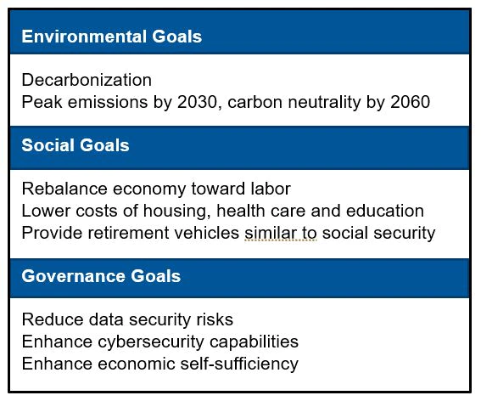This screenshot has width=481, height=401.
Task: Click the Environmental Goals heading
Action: tap(112, 37)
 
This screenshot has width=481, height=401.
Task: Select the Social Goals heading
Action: tap(76, 145)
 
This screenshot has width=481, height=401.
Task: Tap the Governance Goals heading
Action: tap(101, 276)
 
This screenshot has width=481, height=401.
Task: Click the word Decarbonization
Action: tap(87, 80)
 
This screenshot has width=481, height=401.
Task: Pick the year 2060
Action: tap(410, 102)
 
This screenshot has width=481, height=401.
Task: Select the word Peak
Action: tap(42, 102)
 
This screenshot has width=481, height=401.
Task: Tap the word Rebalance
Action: tap(64, 189)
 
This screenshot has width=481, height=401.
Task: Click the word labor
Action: tap(271, 189)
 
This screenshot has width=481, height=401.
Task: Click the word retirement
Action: tap(128, 233)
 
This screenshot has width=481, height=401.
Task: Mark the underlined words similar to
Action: tap(281, 233)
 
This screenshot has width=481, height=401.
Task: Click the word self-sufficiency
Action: tap(239, 364)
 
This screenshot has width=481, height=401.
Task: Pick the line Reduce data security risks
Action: tap(127, 319)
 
